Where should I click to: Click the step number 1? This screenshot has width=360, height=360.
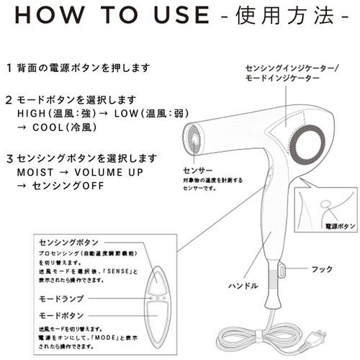coord(9,68)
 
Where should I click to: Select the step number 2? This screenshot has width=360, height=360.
coord(9,100)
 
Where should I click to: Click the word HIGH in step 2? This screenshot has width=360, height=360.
coord(30,113)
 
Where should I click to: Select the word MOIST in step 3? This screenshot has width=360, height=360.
coord(32,173)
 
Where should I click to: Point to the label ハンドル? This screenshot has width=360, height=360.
coord(243,286)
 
